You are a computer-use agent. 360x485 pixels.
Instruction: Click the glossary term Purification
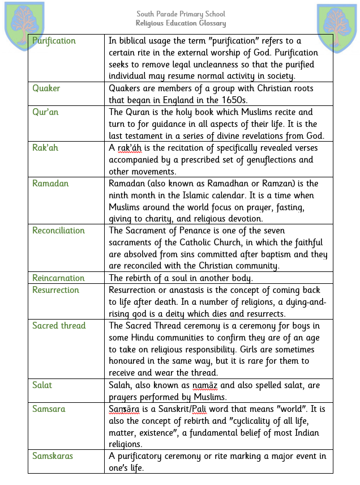(x=54, y=41)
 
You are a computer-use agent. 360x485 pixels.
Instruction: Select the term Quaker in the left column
(x=46, y=88)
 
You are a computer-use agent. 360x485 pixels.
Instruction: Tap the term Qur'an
(x=45, y=112)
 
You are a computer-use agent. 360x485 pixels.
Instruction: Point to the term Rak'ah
(x=45, y=148)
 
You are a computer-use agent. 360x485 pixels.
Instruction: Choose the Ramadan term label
(x=50, y=184)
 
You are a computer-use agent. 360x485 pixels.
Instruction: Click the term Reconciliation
(x=58, y=231)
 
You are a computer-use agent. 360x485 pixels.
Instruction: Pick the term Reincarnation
(x=58, y=278)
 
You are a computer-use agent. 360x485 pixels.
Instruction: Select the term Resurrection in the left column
(x=55, y=290)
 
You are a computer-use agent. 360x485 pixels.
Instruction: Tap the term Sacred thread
(x=59, y=326)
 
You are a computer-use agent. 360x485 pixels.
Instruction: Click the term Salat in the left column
(x=42, y=385)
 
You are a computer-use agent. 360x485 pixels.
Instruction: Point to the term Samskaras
(x=53, y=456)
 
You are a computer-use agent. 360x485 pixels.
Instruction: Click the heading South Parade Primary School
(x=181, y=14)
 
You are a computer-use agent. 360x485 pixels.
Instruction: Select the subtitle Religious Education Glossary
(x=181, y=23)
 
